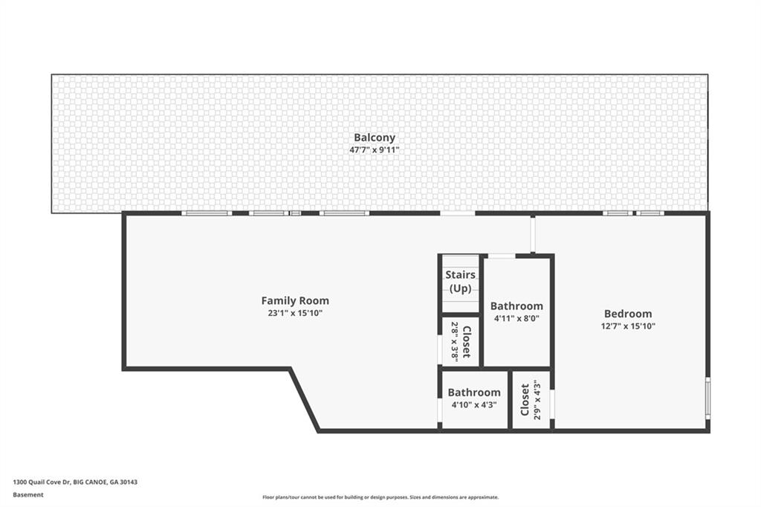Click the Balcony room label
[374, 138]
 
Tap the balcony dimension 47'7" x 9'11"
[374, 149]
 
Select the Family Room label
[295, 301]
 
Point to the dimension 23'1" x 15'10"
[295, 313]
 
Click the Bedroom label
[628, 314]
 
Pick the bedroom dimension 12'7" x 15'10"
[628, 326]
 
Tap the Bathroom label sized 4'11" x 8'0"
[516, 306]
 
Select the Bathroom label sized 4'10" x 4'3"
[473, 393]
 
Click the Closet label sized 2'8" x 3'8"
[467, 342]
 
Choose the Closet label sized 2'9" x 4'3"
[525, 400]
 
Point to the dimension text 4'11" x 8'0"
[516, 318]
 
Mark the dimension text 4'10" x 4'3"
[473, 405]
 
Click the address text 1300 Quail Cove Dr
[42, 482]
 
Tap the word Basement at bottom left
[27, 494]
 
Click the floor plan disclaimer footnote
[380, 497]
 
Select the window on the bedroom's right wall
[707, 399]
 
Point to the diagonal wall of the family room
[305, 400]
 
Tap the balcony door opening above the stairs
[457, 213]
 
